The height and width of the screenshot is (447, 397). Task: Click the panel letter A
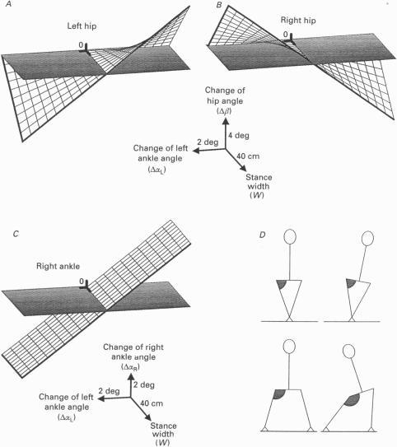coord(6,6)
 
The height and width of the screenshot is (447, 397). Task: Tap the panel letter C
coord(6,234)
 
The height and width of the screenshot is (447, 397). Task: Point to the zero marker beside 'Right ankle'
coord(81,282)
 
